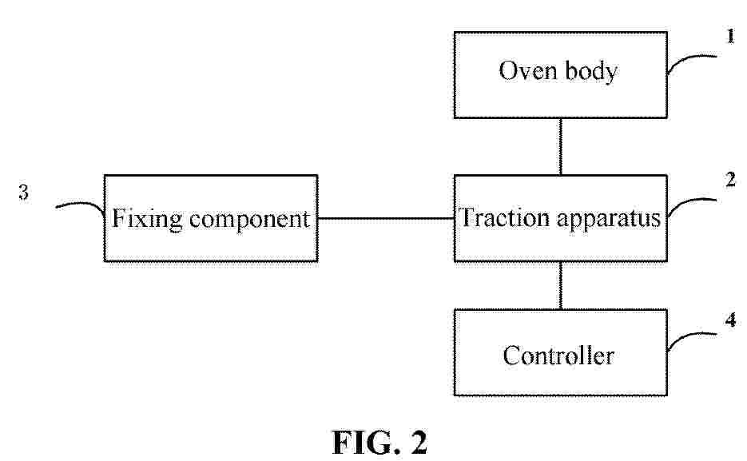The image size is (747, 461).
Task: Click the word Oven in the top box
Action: [528, 70]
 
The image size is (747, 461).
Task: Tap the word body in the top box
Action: [591, 71]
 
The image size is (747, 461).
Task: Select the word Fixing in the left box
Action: [147, 219]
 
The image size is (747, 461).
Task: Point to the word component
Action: [249, 220]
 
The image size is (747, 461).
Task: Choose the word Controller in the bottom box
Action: [558, 356]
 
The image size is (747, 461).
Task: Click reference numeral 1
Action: [731, 36]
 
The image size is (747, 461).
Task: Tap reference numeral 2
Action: [731, 180]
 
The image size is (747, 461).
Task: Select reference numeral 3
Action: [23, 192]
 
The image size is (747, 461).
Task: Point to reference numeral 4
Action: [731, 320]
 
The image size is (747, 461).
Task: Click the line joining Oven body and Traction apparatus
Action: [560, 147]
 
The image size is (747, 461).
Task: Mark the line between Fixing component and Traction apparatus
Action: [386, 219]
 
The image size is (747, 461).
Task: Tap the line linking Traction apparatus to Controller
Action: [560, 285]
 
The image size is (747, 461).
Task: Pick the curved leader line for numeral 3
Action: [83, 204]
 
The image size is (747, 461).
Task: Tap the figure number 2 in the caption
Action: [419, 443]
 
